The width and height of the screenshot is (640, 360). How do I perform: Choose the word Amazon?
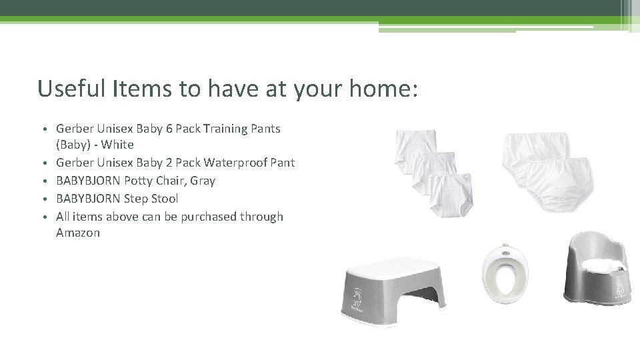78,233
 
